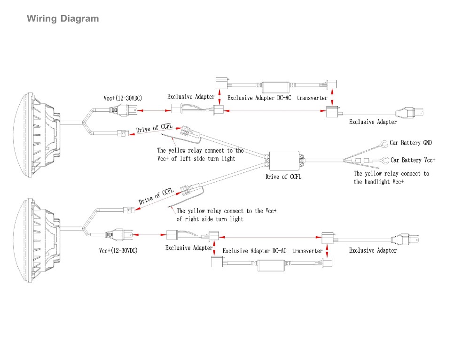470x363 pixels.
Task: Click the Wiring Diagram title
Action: click(63, 19)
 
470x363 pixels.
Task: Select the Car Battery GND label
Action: click(410, 143)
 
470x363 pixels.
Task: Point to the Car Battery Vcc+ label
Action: click(413, 160)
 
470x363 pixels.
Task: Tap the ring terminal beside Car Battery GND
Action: click(384, 143)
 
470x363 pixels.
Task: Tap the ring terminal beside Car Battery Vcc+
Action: click(384, 160)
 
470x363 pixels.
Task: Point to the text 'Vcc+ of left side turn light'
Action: click(196, 159)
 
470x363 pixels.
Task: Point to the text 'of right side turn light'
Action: click(210, 219)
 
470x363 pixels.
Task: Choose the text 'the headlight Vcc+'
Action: click(378, 182)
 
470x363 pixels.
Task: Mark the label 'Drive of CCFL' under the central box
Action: click(283, 177)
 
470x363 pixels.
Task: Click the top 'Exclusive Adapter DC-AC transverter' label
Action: click(277, 98)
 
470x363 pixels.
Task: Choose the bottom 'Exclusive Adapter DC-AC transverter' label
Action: click(273, 251)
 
